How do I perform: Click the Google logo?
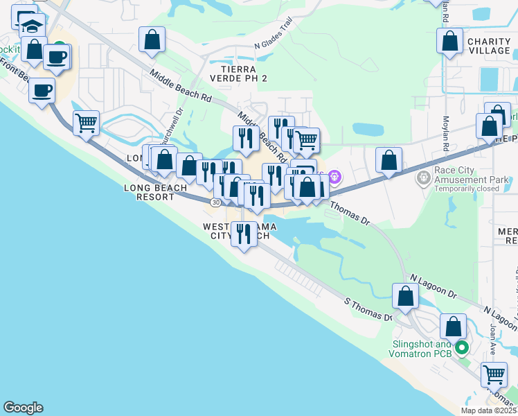(23, 408)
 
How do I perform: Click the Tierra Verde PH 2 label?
(243, 73)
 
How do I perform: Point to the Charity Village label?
(489, 46)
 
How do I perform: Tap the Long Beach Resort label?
(155, 192)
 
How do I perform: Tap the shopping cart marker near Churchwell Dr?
(86, 123)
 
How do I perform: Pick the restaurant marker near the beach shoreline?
(243, 234)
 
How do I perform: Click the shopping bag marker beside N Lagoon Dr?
(405, 296)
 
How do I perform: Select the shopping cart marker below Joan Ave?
(494, 374)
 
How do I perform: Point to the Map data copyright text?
(488, 410)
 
